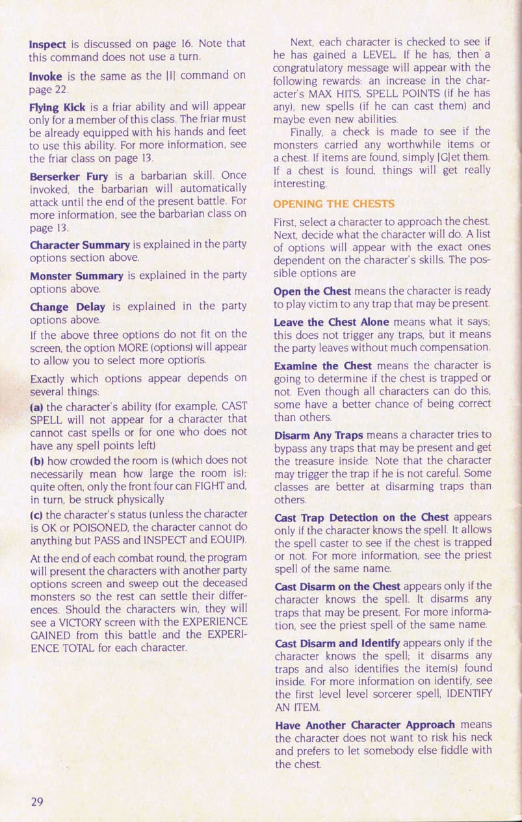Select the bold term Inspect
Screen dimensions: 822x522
pyautogui.click(x=47, y=44)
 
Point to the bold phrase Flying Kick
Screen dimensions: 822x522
pyautogui.click(x=58, y=108)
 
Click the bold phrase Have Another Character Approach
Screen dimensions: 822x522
pyautogui.click(x=365, y=724)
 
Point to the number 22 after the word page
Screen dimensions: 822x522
pyautogui.click(x=61, y=88)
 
